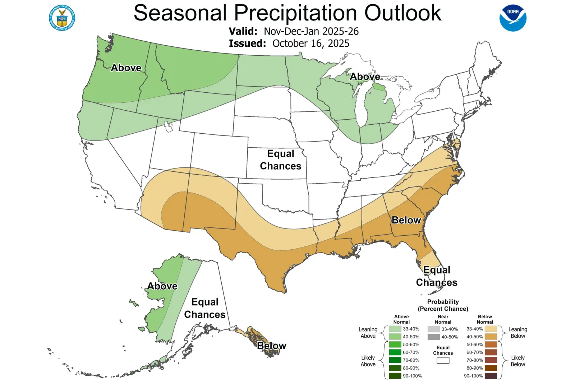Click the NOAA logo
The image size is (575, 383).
(513, 18)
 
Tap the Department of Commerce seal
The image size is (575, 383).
(62, 18)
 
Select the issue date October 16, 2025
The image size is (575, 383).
(310, 43)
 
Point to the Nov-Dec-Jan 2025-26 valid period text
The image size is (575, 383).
(311, 31)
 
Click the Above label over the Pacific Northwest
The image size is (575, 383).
(126, 68)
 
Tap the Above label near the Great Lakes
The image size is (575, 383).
(365, 77)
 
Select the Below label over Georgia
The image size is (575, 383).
(406, 220)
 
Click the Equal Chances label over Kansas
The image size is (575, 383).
(281, 160)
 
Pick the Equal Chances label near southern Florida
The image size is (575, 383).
(437, 276)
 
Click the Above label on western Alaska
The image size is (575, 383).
(162, 286)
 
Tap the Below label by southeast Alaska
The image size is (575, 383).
(271, 346)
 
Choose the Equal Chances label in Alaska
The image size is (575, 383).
(205, 308)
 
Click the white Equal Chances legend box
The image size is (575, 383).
(443, 360)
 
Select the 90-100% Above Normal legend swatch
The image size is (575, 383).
(395, 376)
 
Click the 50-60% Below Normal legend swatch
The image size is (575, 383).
(491, 345)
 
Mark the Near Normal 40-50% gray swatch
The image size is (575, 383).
(434, 337)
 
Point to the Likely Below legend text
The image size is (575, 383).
(517, 361)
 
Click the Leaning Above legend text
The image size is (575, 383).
(368, 333)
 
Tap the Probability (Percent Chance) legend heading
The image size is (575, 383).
(443, 305)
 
